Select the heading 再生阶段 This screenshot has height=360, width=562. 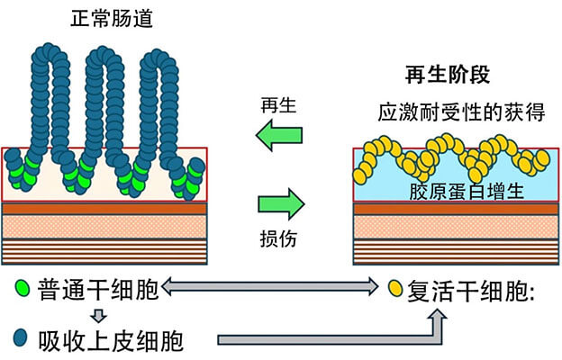coord(448,77)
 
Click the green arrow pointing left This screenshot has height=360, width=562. coord(277,137)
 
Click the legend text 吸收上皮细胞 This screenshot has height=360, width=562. coord(112,340)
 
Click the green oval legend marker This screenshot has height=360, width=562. coord(20,290)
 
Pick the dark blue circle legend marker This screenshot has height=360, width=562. coord(20,340)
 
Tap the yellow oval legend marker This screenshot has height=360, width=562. coord(394,290)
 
